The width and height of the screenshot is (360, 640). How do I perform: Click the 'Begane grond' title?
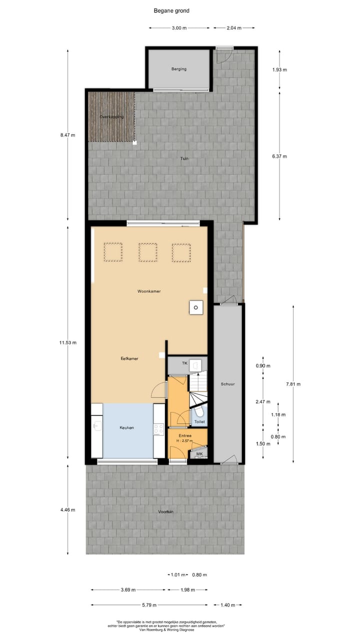click(172, 10)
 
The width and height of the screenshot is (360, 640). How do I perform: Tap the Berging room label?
click(178, 69)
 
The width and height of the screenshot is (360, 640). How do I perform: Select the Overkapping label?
click(111, 117)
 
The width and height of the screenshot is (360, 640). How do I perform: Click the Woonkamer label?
click(149, 291)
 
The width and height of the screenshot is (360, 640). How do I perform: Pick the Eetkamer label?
click(129, 358)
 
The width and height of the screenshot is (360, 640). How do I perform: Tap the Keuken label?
click(127, 428)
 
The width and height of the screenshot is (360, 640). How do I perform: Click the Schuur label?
click(227, 384)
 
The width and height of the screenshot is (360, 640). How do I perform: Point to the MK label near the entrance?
click(199, 454)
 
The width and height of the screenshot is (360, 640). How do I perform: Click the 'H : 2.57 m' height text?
click(180, 440)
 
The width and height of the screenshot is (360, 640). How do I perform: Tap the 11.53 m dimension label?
click(67, 342)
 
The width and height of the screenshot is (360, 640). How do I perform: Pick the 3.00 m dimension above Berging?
click(179, 28)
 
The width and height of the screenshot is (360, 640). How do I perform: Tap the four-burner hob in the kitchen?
click(159, 428)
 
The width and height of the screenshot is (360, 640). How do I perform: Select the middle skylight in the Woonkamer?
click(148, 252)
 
